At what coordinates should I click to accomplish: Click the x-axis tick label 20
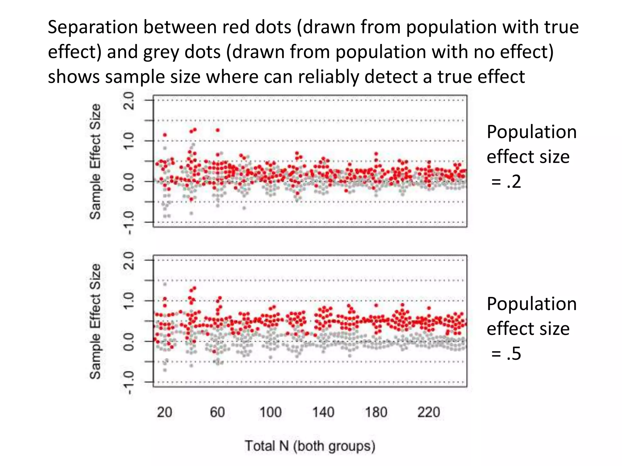point(164,412)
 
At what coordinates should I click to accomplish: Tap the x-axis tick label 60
point(217,412)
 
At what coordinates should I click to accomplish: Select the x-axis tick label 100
point(270,412)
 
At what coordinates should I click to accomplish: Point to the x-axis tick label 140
point(323,412)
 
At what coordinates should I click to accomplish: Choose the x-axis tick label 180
point(376,412)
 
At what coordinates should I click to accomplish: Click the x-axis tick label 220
point(429,412)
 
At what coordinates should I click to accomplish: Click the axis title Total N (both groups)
point(310,446)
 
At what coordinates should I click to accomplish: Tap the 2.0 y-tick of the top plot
point(129,100)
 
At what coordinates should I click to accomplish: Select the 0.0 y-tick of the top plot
point(129,182)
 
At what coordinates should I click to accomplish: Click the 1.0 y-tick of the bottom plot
point(129,301)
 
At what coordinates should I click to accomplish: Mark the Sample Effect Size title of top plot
point(95,161)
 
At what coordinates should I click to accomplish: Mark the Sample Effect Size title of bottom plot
point(95,321)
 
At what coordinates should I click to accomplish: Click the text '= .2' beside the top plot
point(506,182)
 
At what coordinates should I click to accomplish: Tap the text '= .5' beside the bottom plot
point(506,354)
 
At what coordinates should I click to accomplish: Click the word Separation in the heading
point(93,27)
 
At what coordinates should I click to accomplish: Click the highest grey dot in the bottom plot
point(165,284)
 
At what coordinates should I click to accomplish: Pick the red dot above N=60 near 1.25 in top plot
point(218,130)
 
